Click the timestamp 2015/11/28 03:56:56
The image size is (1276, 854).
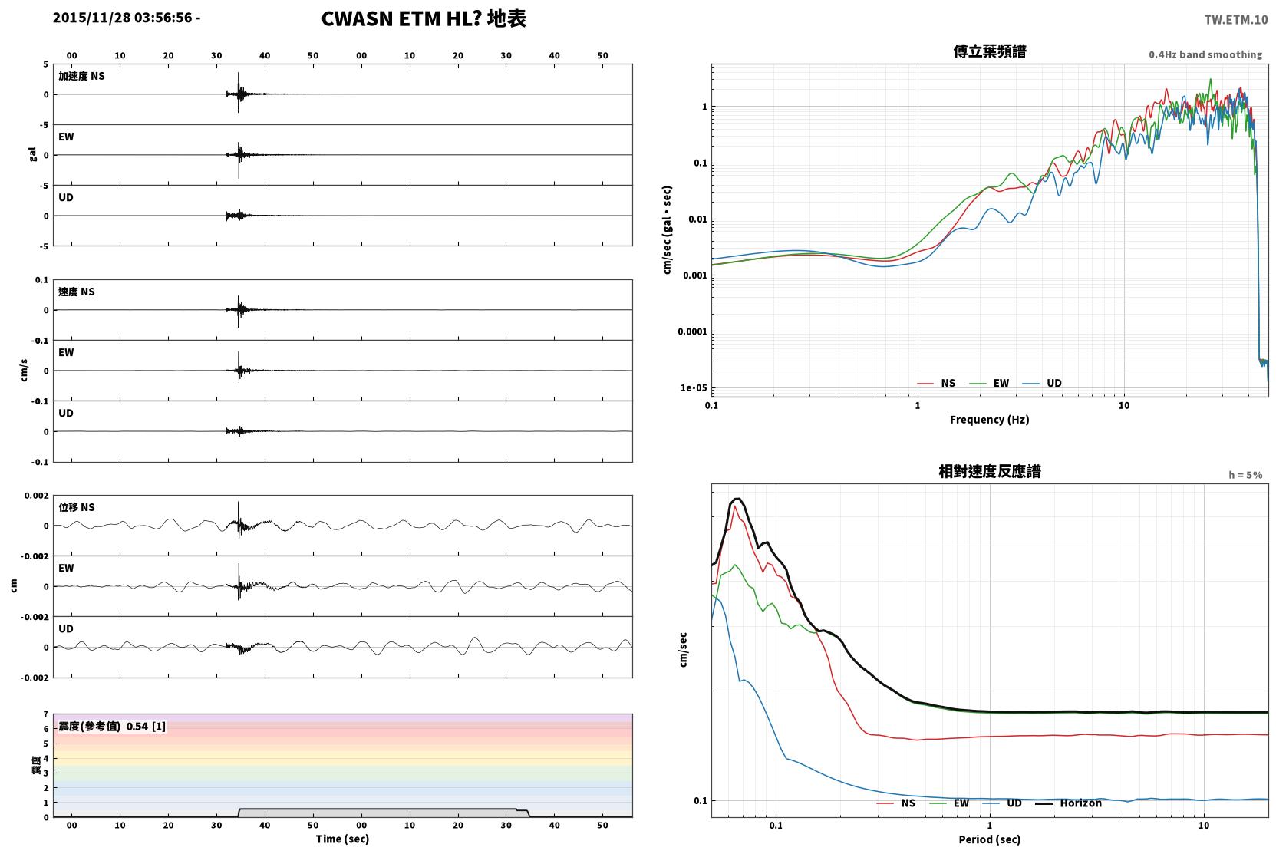(123, 18)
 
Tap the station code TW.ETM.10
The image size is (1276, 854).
(1235, 20)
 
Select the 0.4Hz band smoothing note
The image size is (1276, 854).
(1205, 54)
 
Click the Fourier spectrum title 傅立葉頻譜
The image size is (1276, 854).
(990, 51)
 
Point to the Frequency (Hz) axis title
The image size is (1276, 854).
(990, 420)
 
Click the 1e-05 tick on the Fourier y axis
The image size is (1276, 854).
(694, 388)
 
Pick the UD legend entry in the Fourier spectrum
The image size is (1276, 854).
(1042, 384)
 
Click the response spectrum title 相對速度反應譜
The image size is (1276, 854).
(990, 471)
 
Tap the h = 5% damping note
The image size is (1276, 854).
(1245, 475)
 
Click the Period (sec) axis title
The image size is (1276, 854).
(990, 839)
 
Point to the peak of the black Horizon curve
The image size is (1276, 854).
(738, 499)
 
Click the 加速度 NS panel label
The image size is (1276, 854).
(81, 76)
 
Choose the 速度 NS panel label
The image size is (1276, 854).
(76, 292)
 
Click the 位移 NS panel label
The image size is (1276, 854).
(76, 508)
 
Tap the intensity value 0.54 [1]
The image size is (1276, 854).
(146, 727)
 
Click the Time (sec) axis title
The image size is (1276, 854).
(342, 839)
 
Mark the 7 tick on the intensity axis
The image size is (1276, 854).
(46, 714)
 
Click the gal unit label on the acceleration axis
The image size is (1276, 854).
(32, 154)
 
